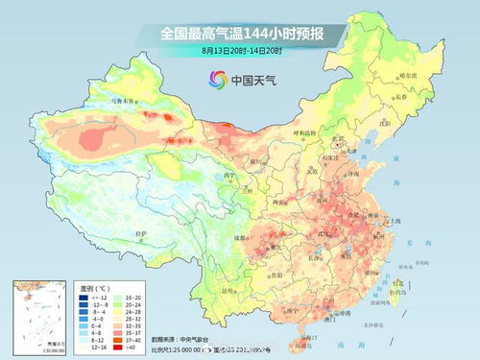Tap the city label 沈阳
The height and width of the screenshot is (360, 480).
[385, 123]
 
